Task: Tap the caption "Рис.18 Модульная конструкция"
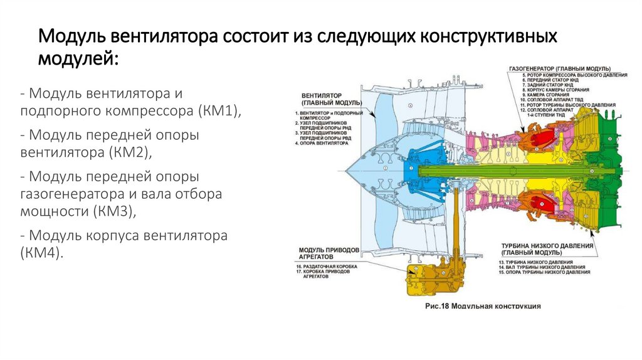(x=483, y=307)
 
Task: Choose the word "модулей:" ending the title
(x=77, y=60)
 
